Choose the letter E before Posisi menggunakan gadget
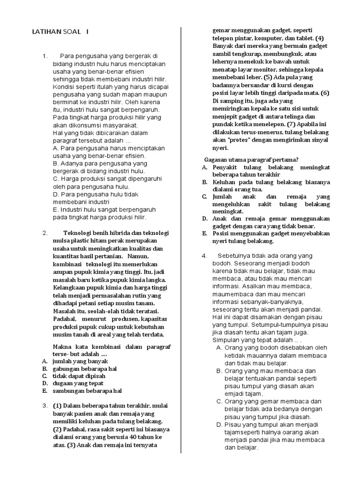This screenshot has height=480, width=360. pos(204,233)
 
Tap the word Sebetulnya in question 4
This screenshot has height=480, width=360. pos(236,255)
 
